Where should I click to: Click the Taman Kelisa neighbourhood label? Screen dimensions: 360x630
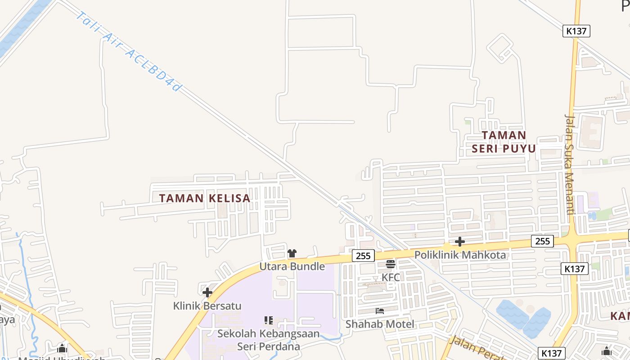(x=205, y=198)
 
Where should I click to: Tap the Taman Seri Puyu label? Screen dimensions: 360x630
(x=504, y=142)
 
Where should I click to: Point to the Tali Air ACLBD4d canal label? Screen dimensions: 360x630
(x=129, y=52)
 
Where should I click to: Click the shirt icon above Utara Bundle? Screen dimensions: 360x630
(x=292, y=253)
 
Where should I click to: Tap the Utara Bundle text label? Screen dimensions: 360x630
(x=292, y=266)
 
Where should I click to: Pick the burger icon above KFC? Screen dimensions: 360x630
(x=391, y=264)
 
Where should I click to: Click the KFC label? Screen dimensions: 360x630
(x=391, y=277)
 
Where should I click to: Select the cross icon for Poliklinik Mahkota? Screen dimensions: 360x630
(x=459, y=242)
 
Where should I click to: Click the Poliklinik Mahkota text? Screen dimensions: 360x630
(x=460, y=255)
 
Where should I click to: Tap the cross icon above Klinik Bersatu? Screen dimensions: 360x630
(x=207, y=292)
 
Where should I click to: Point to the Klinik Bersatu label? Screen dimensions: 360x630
(x=207, y=306)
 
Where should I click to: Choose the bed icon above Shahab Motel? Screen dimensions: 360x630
(x=380, y=311)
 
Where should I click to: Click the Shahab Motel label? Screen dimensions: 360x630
(x=380, y=324)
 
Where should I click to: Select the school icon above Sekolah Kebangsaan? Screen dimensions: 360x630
(x=269, y=320)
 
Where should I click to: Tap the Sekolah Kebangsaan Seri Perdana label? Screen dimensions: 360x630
(x=269, y=340)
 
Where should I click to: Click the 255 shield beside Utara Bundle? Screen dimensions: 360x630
(x=363, y=256)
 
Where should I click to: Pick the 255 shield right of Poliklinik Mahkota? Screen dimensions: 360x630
(x=542, y=241)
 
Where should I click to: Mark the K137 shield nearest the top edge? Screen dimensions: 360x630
(x=576, y=31)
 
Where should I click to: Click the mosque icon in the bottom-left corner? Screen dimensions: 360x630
(x=62, y=348)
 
